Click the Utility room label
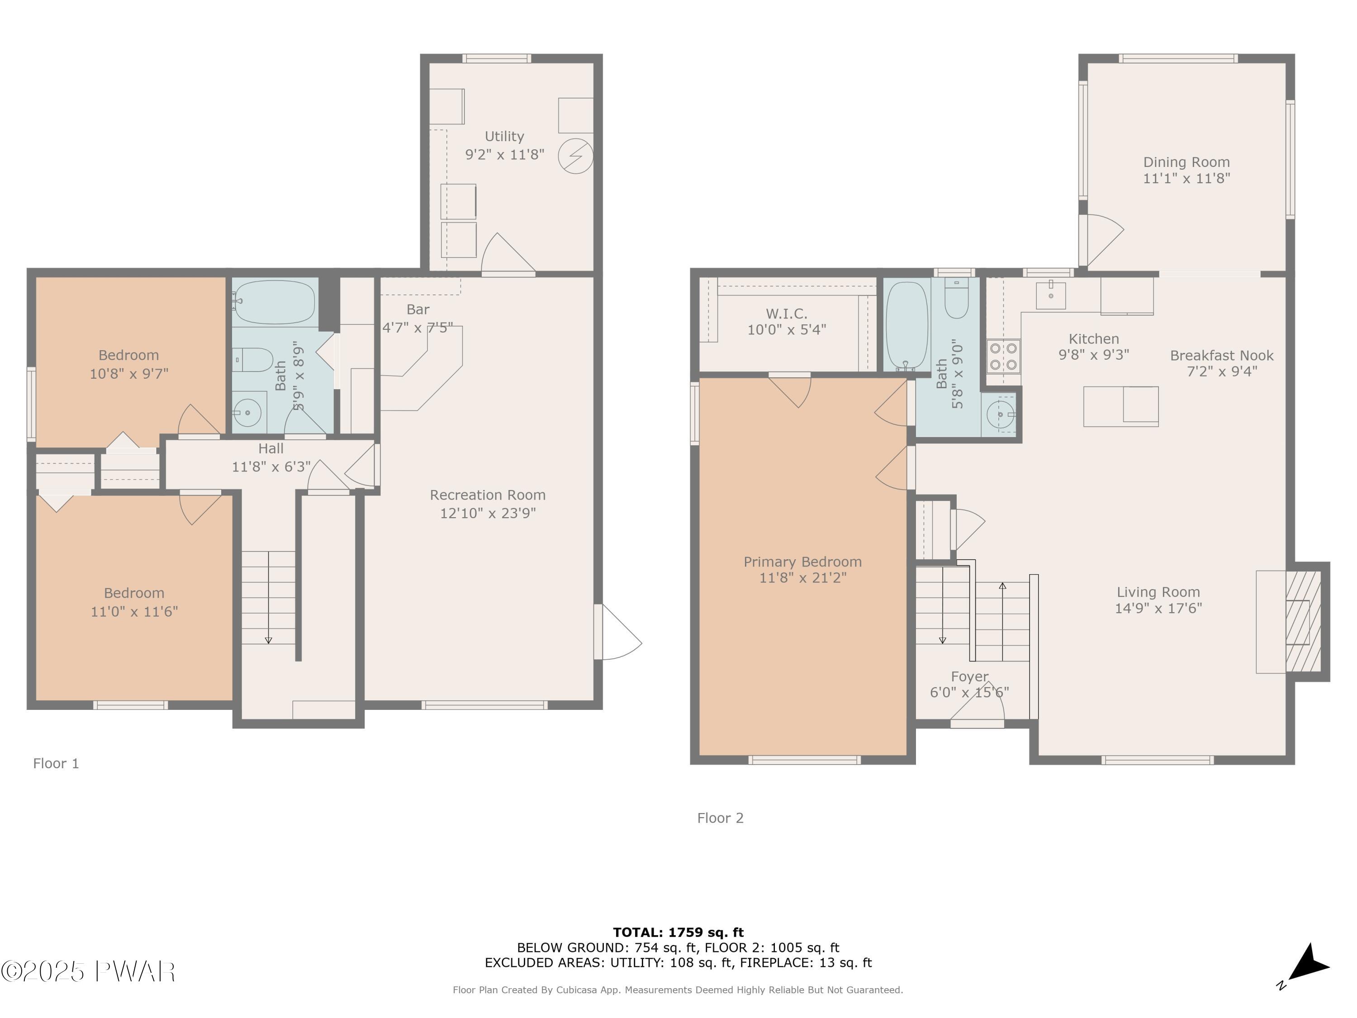pos(504,136)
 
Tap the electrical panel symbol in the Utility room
pos(575,156)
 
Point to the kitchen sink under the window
pos(1051,295)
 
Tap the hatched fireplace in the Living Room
pos(1303,622)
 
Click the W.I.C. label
pos(787,314)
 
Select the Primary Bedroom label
pos(802,561)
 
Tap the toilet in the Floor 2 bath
pos(956,298)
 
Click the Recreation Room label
pos(488,495)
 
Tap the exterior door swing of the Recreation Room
pos(618,632)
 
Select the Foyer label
pos(969,676)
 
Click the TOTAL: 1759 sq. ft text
pos(678,932)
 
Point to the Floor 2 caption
pos(720,818)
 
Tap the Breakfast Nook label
pos(1221,355)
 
